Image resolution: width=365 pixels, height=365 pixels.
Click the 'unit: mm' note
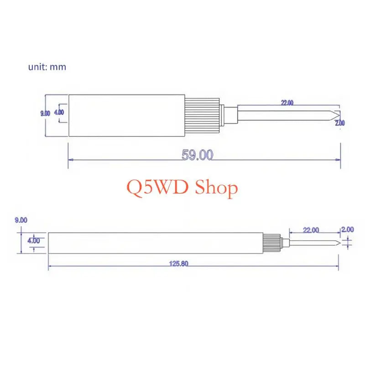[x=47, y=67]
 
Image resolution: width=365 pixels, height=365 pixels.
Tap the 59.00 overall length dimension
[x=197, y=155]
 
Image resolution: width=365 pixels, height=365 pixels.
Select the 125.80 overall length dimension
[x=178, y=264]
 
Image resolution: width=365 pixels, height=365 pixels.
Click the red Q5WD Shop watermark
[x=182, y=188]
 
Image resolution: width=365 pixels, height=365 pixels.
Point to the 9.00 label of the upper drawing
[x=45, y=113]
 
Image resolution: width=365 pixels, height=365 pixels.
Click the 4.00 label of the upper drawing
[x=59, y=112]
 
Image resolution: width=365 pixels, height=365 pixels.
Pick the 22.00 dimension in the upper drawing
[x=287, y=103]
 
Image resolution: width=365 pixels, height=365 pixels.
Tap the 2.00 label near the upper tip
[x=340, y=123]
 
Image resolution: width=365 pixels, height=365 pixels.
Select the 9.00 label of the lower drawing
[x=21, y=220]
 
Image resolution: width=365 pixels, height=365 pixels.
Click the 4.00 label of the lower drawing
[x=34, y=240]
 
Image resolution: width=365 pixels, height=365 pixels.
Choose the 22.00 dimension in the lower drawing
[x=311, y=230]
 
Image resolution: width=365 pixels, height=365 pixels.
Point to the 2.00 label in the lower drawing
[x=348, y=229]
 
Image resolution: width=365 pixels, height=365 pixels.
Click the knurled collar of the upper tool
[x=202, y=115]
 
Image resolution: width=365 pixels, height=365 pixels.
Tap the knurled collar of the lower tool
[x=271, y=243]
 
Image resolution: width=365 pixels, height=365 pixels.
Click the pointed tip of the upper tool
[x=339, y=115]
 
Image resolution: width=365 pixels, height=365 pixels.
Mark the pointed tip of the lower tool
[x=340, y=243]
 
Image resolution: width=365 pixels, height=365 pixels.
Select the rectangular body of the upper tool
[x=127, y=115]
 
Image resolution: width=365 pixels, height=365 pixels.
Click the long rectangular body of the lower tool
[x=156, y=243]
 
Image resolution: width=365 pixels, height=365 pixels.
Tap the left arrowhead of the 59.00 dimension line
[x=70, y=160]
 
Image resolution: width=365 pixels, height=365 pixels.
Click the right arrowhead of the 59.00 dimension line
[x=338, y=160]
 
